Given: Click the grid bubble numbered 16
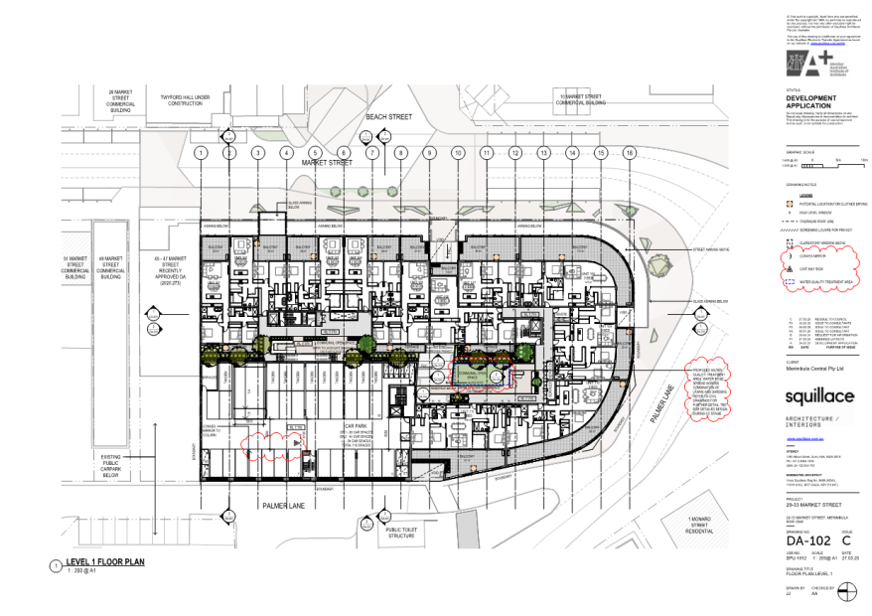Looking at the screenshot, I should tap(630, 153).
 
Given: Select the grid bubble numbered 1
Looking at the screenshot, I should tap(201, 153).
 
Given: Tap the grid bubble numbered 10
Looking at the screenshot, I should tap(458, 153).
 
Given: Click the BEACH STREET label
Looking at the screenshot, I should tap(360, 116).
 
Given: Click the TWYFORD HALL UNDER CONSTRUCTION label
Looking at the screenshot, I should tap(186, 99).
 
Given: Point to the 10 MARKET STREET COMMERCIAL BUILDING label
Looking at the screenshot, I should tap(580, 99).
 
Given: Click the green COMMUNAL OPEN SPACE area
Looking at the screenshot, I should tap(481, 373).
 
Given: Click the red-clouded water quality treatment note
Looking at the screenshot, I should tap(718, 389).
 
